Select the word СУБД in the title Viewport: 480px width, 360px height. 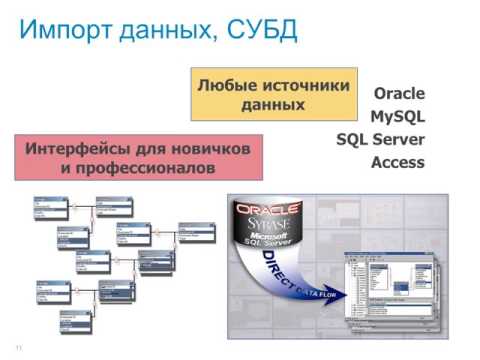coord(263,29)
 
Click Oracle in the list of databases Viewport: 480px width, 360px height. coord(399,93)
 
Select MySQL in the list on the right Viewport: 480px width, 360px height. coord(397,116)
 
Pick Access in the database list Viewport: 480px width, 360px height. coord(398,162)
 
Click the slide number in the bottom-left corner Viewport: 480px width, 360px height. coord(18,347)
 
